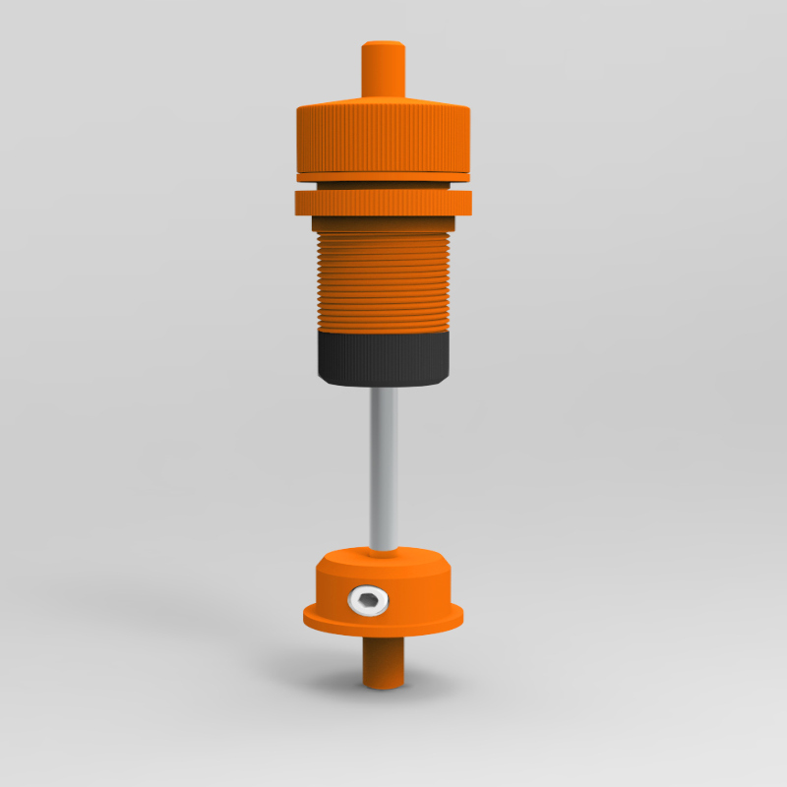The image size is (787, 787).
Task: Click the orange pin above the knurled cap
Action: point(385,74)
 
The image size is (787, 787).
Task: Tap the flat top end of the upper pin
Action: point(385,44)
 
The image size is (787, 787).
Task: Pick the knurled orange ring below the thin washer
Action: point(384,202)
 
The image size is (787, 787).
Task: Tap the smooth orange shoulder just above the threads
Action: point(382,224)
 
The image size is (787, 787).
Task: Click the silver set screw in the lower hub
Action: point(365,600)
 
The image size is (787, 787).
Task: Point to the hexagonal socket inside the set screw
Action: point(366,600)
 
